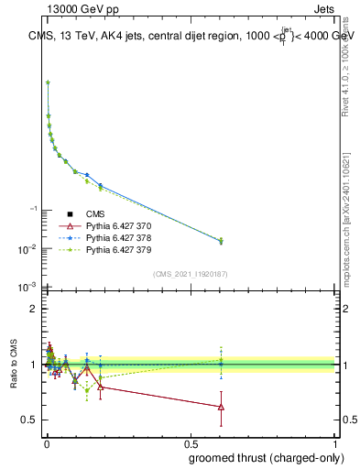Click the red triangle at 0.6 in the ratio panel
click(221, 407)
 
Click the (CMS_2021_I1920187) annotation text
click(190, 274)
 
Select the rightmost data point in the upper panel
click(221, 241)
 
